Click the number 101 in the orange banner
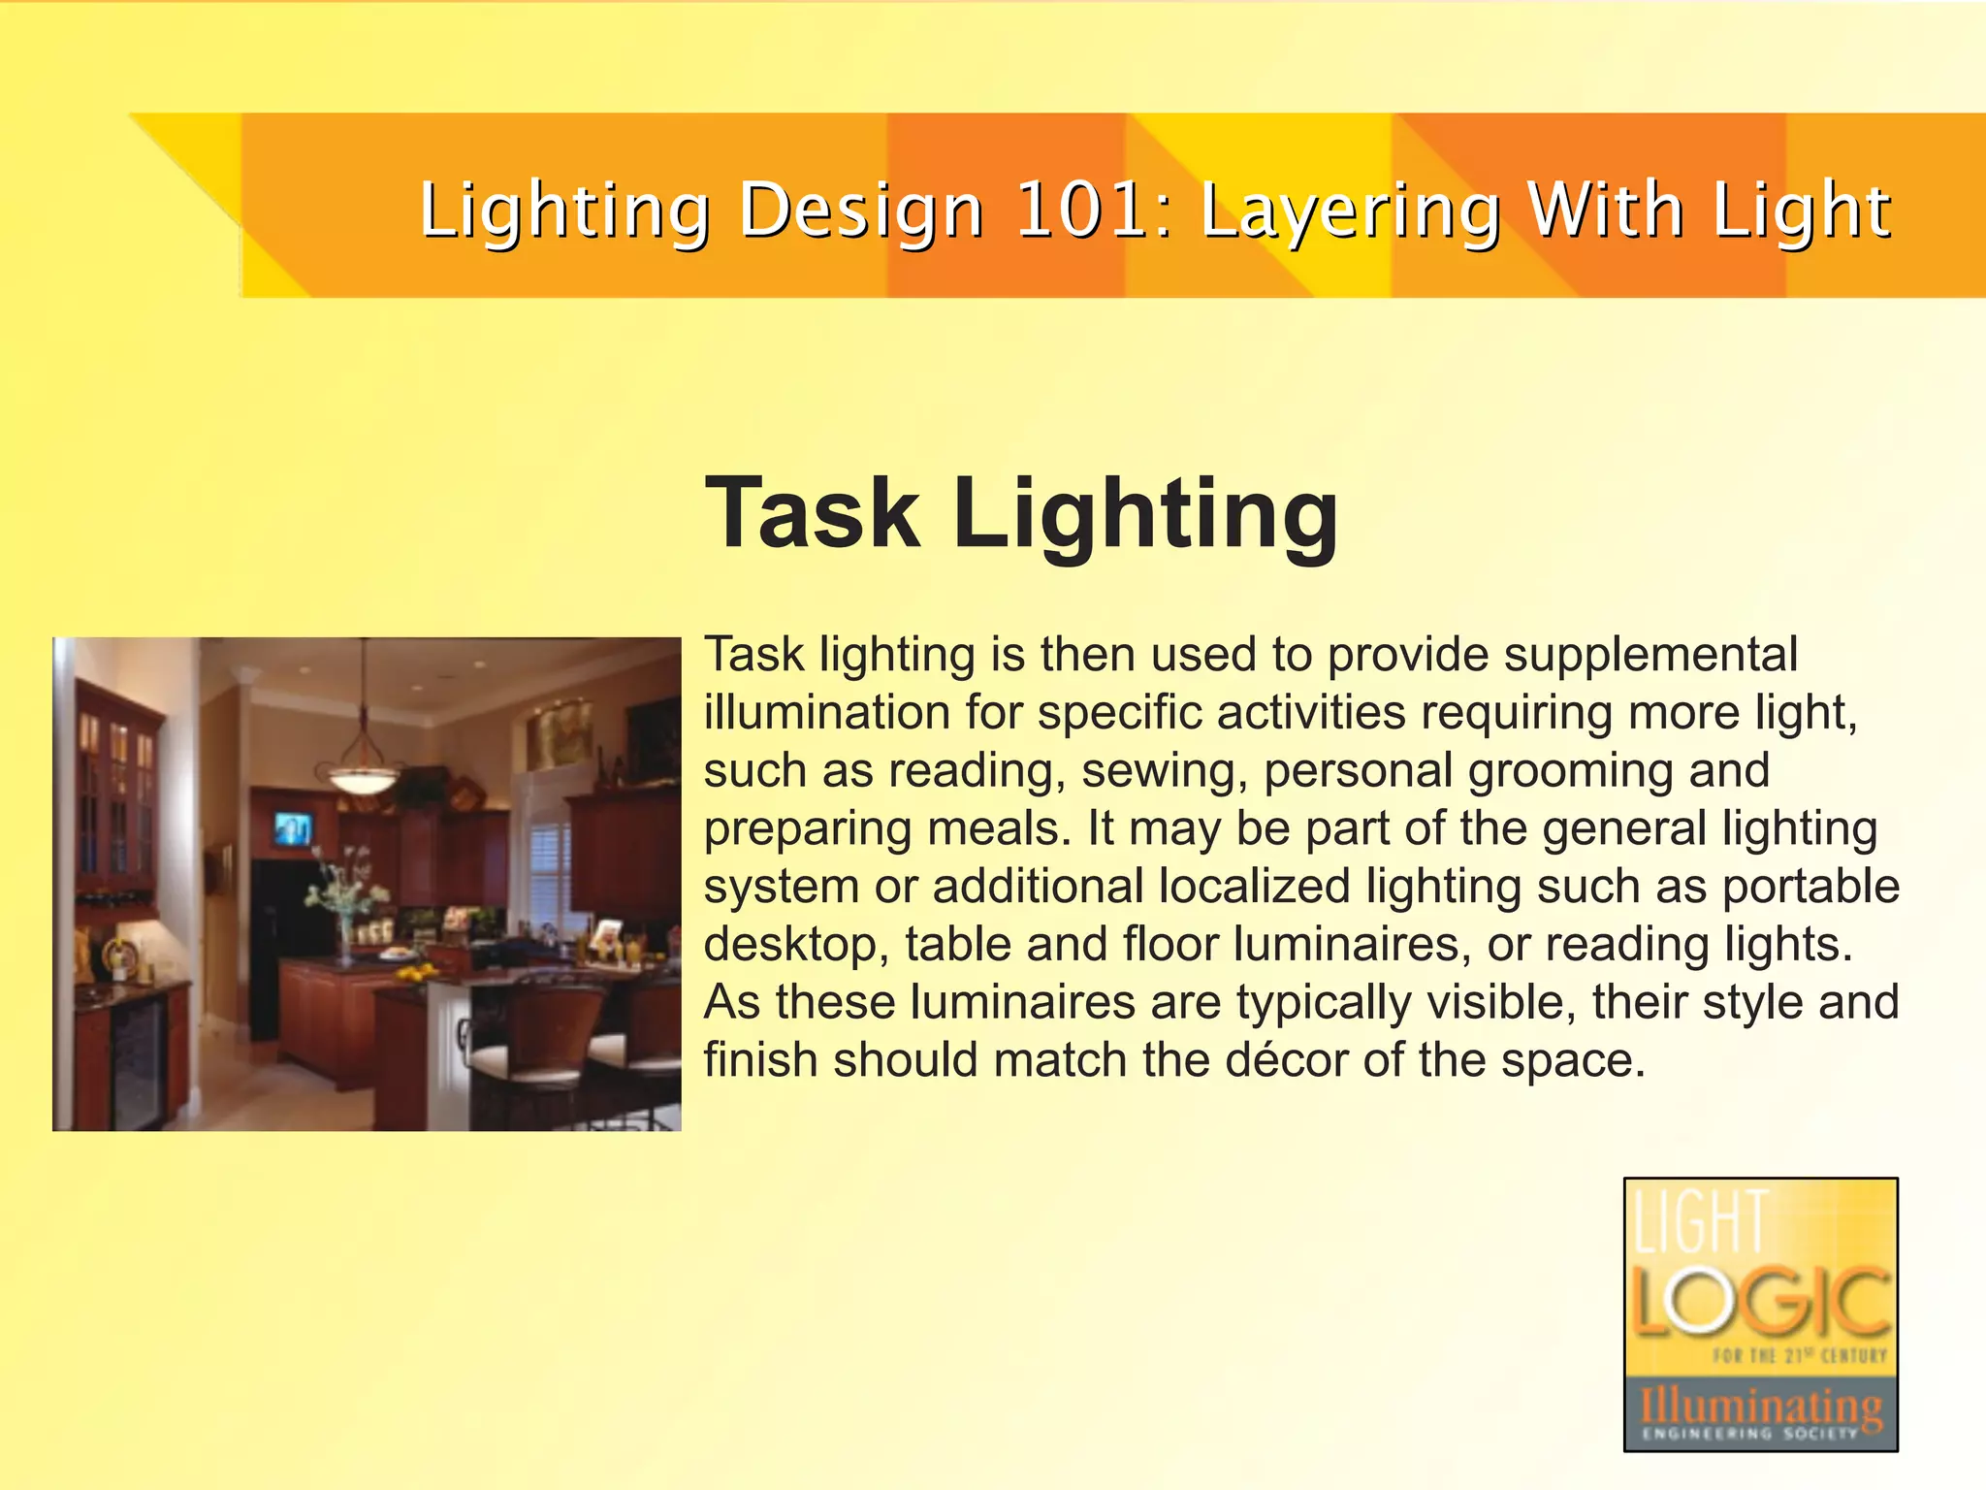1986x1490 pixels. pyautogui.click(x=1082, y=211)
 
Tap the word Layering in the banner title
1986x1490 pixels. pyautogui.click(x=1351, y=212)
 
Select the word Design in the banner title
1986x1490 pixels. pyautogui.click(x=861, y=212)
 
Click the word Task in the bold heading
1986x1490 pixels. pyautogui.click(x=813, y=513)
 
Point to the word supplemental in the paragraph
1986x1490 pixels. pyautogui.click(x=1650, y=655)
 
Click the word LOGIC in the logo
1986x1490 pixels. pyautogui.click(x=1760, y=1301)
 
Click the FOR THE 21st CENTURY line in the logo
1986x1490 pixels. pyautogui.click(x=1799, y=1355)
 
